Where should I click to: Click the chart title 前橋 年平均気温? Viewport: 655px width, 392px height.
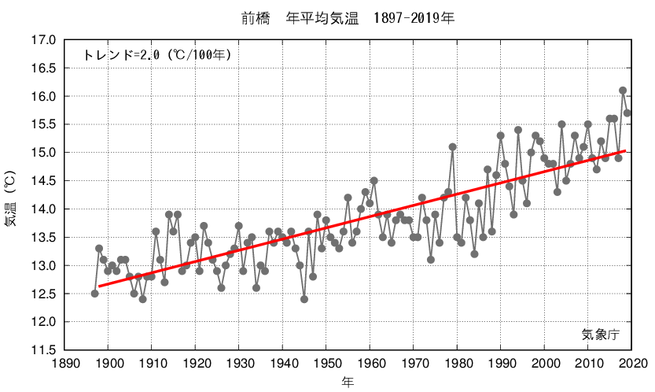(x=347, y=17)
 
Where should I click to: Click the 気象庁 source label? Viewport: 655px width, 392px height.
(x=602, y=334)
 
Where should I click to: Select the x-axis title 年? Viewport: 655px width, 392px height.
(x=348, y=382)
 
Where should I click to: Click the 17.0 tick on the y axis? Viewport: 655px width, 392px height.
(x=43, y=40)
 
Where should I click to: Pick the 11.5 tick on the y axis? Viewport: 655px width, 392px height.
(x=43, y=350)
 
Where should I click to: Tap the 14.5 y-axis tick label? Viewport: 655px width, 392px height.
(x=43, y=181)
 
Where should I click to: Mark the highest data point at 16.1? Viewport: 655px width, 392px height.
(x=623, y=91)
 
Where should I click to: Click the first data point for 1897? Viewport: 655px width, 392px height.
(x=95, y=294)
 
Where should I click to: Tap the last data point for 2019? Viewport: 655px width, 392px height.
(x=627, y=113)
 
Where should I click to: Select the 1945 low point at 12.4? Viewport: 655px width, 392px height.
(x=304, y=299)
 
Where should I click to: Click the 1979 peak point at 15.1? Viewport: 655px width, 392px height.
(x=452, y=147)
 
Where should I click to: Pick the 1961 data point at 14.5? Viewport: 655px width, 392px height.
(x=374, y=181)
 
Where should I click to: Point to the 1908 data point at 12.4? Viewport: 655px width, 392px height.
(x=143, y=299)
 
